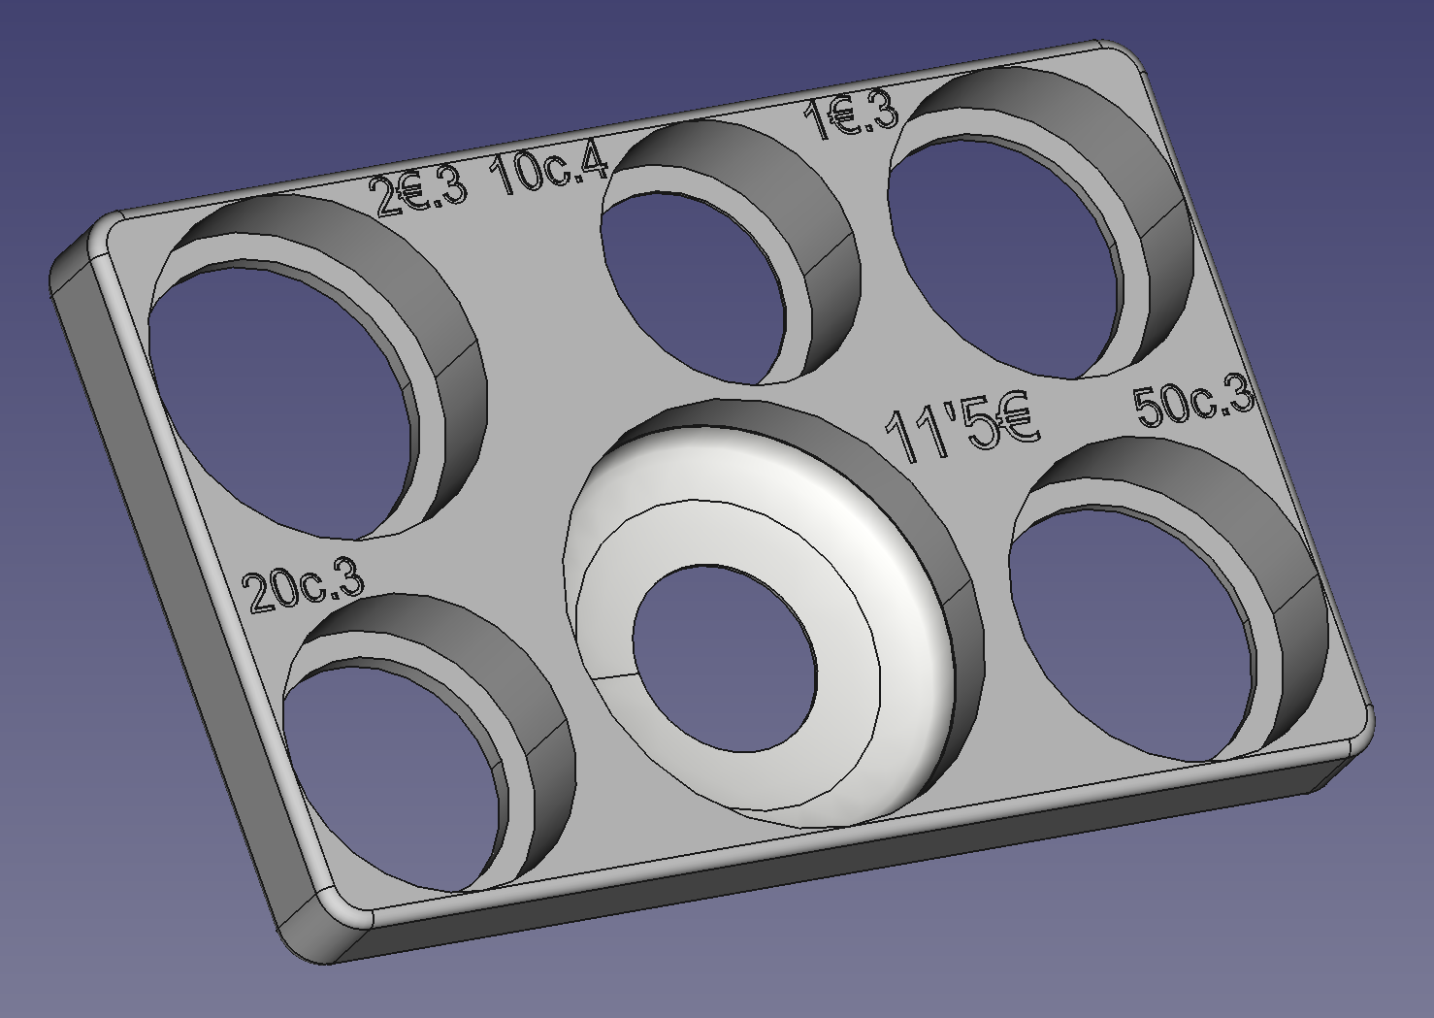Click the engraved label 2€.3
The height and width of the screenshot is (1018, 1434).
(x=420, y=192)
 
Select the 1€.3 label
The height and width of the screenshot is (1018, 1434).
(x=851, y=116)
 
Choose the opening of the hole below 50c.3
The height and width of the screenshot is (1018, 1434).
(x=1125, y=631)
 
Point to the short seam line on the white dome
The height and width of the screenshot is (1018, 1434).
(x=606, y=673)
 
